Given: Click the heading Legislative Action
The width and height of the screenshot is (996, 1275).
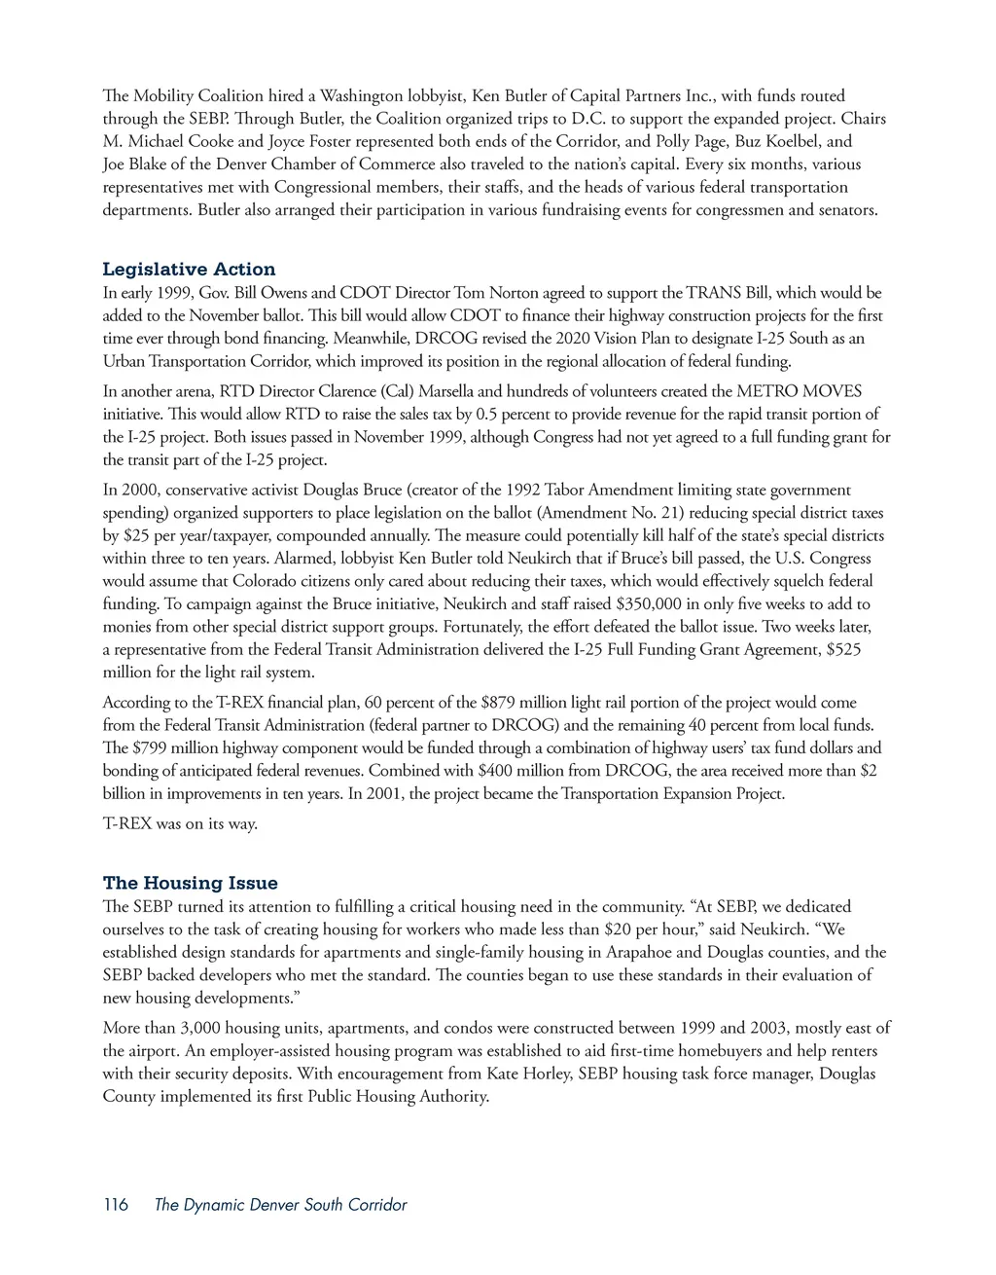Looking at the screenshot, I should [x=189, y=270].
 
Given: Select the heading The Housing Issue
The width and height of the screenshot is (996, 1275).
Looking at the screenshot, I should [x=190, y=883].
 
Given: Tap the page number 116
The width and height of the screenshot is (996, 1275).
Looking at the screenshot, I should [x=115, y=1205].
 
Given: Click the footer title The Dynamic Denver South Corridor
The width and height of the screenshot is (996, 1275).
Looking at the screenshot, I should [x=280, y=1205].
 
